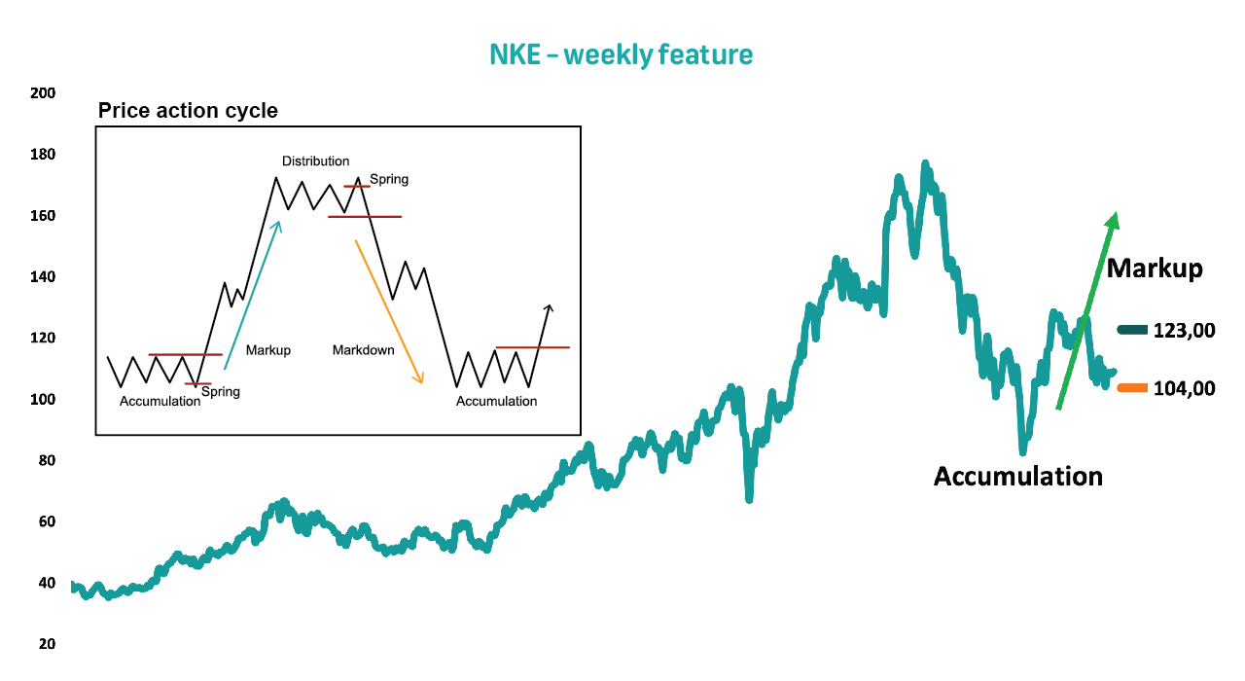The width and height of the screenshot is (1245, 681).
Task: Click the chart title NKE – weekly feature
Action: [621, 55]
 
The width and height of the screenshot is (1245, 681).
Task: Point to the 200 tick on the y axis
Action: [43, 93]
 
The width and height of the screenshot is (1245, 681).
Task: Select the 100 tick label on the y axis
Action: [43, 399]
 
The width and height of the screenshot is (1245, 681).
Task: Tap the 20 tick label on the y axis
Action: [48, 644]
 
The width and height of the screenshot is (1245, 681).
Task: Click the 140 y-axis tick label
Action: [43, 277]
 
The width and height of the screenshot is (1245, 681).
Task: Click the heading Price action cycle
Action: [188, 111]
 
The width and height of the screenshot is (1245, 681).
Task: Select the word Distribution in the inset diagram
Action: [316, 161]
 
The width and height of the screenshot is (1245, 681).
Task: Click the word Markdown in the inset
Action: [364, 350]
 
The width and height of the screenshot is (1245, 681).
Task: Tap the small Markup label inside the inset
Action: [268, 350]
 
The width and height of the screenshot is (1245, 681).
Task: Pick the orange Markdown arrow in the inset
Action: [389, 312]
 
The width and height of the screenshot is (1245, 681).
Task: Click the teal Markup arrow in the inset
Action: [252, 295]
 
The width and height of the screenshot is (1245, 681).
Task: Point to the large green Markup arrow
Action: [1087, 310]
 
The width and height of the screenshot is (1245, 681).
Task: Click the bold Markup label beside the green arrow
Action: [1155, 269]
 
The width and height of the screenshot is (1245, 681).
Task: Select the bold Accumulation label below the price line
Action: [1018, 477]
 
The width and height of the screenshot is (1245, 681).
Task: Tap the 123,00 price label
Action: [1184, 331]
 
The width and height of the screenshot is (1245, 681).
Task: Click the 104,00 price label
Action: [1184, 388]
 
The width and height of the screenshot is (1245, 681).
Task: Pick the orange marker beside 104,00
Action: [1132, 388]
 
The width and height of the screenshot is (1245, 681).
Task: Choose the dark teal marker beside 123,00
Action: [1132, 330]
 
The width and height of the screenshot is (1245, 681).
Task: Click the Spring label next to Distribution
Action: [389, 180]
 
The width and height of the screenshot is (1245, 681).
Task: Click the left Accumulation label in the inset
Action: [160, 402]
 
